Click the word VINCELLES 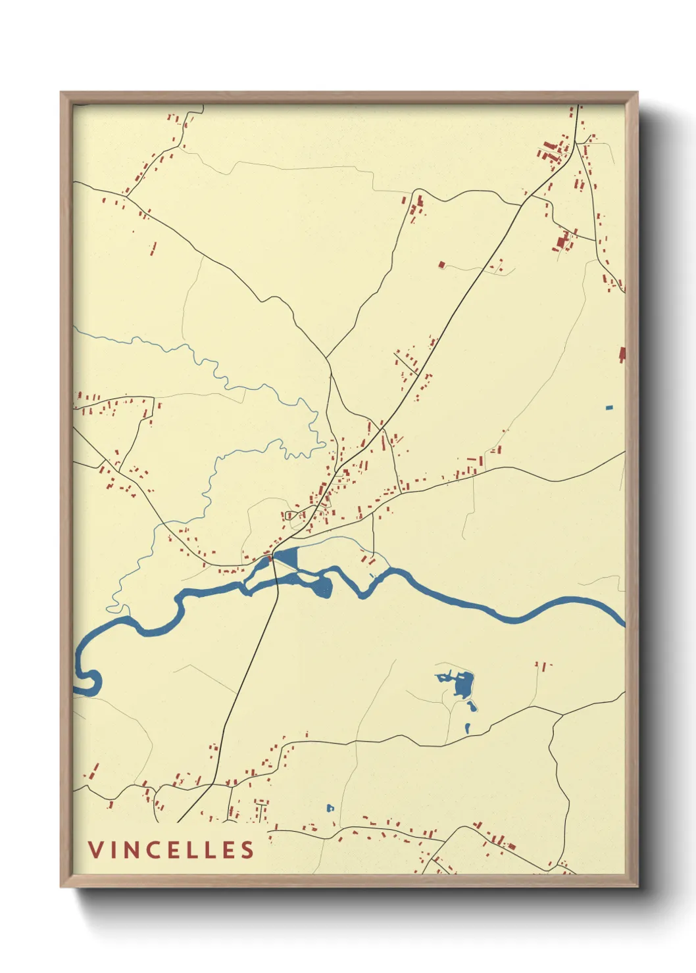[x=171, y=849]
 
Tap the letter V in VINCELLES [x=95, y=849]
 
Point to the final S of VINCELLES [x=247, y=849]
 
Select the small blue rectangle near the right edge [x=609, y=408]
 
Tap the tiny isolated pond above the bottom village [x=330, y=807]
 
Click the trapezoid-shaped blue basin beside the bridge [x=287, y=559]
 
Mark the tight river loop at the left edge [x=89, y=680]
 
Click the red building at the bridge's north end [x=268, y=559]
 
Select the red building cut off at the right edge [x=622, y=355]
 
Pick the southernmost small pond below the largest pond [x=468, y=728]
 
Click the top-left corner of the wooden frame [x=61, y=93]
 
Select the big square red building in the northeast [x=562, y=241]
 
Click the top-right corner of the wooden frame [x=637, y=93]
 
